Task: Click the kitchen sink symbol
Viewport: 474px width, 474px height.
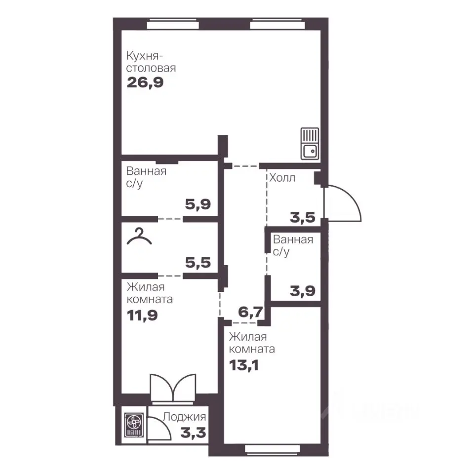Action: click(x=310, y=144)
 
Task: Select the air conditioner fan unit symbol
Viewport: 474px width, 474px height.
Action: click(x=133, y=425)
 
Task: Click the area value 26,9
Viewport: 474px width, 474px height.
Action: click(x=145, y=82)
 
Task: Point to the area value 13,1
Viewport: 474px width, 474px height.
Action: click(x=243, y=365)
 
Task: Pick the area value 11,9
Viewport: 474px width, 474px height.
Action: click(x=142, y=316)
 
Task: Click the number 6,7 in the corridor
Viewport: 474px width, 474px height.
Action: click(x=250, y=312)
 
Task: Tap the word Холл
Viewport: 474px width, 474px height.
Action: click(x=282, y=178)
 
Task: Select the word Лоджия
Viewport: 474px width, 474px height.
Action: click(x=184, y=417)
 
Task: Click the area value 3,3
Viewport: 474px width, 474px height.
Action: click(x=193, y=433)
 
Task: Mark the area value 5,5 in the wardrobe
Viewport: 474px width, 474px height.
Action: click(x=198, y=262)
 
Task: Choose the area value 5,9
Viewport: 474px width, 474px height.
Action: click(x=198, y=204)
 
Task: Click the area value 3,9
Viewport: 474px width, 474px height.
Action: click(x=303, y=291)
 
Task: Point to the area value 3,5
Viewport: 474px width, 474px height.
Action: click(x=303, y=217)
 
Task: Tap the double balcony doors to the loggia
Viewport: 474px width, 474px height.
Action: click(x=173, y=389)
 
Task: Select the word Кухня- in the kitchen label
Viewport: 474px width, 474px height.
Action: click(x=145, y=56)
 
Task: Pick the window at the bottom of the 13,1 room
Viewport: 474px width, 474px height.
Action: click(x=272, y=449)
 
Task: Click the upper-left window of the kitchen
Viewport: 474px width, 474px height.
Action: click(x=173, y=24)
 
